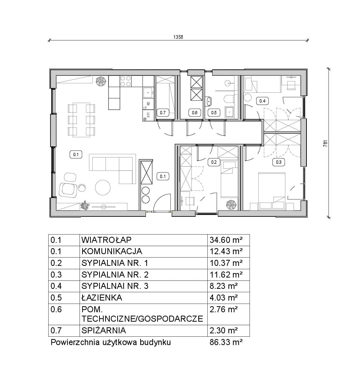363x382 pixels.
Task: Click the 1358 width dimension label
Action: [178, 37]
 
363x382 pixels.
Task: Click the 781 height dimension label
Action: [326, 143]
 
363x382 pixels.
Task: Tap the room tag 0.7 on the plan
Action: [162, 112]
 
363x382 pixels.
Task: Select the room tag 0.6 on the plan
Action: [195, 112]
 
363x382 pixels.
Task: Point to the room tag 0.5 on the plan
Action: [214, 112]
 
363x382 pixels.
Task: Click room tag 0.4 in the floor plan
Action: [262, 101]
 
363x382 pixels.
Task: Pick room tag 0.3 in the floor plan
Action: [279, 162]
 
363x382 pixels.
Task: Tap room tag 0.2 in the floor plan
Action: [214, 162]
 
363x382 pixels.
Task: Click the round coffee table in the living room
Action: [103, 187]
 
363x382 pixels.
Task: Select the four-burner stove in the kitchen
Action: [126, 81]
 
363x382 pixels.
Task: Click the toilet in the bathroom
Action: [228, 99]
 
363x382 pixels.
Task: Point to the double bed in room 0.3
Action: [271, 191]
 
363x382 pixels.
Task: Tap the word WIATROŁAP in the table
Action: [106, 240]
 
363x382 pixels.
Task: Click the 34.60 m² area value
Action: [226, 240]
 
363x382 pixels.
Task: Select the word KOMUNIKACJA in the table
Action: [112, 251]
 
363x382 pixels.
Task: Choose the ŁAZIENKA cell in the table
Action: [102, 298]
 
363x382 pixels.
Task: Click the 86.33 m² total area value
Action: [226, 342]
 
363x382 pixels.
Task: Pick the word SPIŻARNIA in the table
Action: [104, 330]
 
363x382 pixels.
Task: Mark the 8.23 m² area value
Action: [224, 286]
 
